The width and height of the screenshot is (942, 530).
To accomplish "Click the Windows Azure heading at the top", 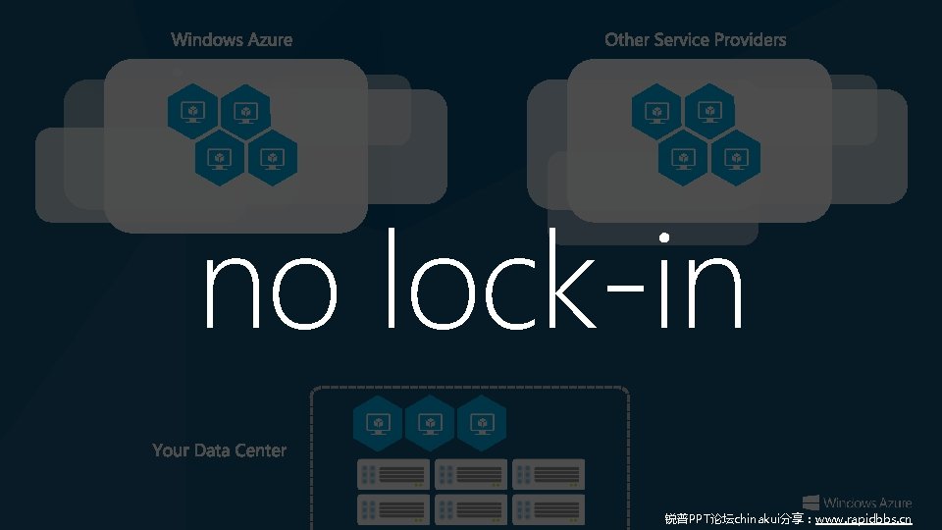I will click(x=232, y=39).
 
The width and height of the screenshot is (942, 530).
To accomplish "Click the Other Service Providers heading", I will click(x=695, y=39).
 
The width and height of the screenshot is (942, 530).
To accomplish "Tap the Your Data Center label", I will click(x=220, y=450).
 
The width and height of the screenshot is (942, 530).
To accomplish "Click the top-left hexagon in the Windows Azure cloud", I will click(x=193, y=110).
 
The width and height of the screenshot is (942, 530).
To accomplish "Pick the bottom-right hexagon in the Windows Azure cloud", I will click(x=272, y=157).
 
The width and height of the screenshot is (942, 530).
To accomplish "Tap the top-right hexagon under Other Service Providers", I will click(x=709, y=110).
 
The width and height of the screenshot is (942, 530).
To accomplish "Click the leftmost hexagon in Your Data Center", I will click(x=378, y=423).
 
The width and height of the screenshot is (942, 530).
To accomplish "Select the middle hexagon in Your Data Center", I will click(x=430, y=423).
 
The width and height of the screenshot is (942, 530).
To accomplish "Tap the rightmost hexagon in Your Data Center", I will click(x=482, y=423).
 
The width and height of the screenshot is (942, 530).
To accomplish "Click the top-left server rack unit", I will click(x=393, y=474).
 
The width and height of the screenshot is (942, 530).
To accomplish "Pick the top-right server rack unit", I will click(x=549, y=474).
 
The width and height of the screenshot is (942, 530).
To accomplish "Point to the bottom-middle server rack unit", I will click(x=471, y=508).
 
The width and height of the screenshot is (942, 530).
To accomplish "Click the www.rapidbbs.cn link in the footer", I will click(x=863, y=518).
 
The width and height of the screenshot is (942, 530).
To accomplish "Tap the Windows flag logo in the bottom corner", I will click(x=811, y=503).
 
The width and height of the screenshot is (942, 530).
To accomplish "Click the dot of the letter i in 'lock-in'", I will click(x=664, y=238).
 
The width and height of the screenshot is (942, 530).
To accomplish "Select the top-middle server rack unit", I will click(x=471, y=474).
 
